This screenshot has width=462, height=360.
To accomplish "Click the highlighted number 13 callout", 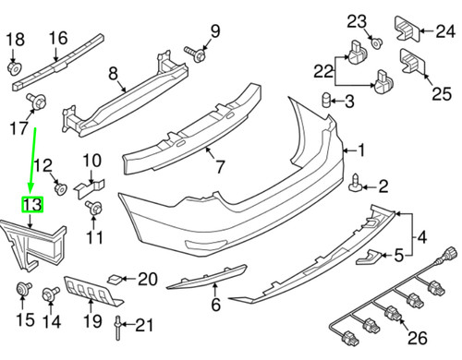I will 32,205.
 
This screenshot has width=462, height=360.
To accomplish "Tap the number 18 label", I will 16,39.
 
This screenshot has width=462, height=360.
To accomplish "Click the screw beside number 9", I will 196,54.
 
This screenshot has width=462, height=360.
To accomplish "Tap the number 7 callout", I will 218,167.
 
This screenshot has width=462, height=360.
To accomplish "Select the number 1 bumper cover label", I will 361,150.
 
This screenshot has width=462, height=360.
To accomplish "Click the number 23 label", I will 357,20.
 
